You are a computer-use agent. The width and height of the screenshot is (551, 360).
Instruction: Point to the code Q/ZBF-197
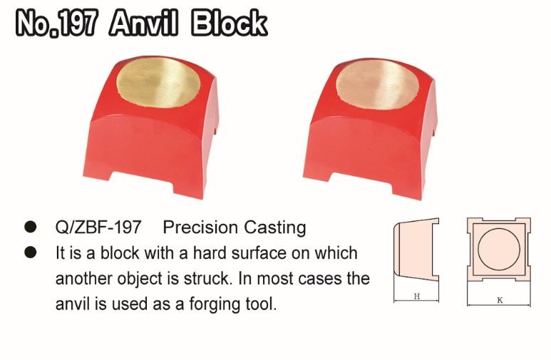pyautogui.click(x=98, y=228)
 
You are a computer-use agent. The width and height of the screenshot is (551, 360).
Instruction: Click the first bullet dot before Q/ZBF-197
pyautogui.click(x=31, y=228)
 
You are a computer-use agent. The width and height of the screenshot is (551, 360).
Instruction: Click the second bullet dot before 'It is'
pyautogui.click(x=31, y=252)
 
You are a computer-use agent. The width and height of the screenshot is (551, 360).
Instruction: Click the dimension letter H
pyautogui.click(x=416, y=298)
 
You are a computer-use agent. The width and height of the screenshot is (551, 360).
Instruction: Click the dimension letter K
pyautogui.click(x=500, y=300)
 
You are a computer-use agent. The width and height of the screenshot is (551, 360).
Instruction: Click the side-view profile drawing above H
pyautogui.click(x=415, y=253)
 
